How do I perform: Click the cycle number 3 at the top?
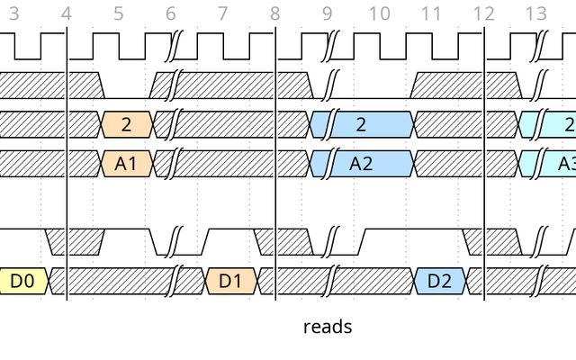(x=13, y=13)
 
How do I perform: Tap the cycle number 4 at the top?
(x=66, y=13)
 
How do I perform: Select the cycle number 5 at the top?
(x=119, y=13)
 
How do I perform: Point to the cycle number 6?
(x=171, y=13)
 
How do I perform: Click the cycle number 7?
(x=223, y=13)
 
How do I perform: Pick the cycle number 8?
(x=275, y=13)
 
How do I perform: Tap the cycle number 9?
(x=328, y=13)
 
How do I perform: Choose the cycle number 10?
(x=380, y=13)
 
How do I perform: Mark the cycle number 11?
(x=432, y=13)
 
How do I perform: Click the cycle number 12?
(x=484, y=13)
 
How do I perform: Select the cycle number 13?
(x=536, y=13)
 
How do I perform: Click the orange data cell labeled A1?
(x=126, y=164)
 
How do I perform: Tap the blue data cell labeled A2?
(x=362, y=164)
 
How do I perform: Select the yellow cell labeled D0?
(x=23, y=281)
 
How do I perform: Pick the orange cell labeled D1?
(x=231, y=281)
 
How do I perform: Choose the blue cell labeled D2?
(x=439, y=281)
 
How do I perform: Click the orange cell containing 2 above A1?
(x=126, y=124)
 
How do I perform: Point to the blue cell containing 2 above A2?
(x=362, y=124)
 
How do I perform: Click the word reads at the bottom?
(x=328, y=327)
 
